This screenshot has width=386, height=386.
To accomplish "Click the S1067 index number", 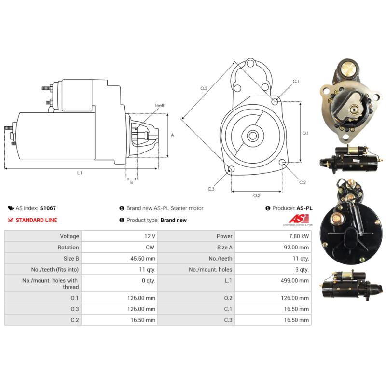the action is click(x=48, y=208).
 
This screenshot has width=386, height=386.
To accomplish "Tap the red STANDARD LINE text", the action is click(x=36, y=220).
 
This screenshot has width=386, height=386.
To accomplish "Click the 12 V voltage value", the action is click(x=150, y=236).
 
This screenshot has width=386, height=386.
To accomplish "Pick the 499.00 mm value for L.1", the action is click(x=295, y=281).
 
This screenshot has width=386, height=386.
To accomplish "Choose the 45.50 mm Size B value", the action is click(x=143, y=259).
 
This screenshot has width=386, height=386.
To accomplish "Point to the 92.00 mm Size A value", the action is click(x=296, y=248).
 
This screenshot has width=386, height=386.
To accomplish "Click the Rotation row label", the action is click(x=68, y=248).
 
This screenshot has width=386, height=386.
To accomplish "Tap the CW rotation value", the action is click(x=150, y=248).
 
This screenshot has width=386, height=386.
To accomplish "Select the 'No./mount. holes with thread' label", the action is click(x=50, y=284).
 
